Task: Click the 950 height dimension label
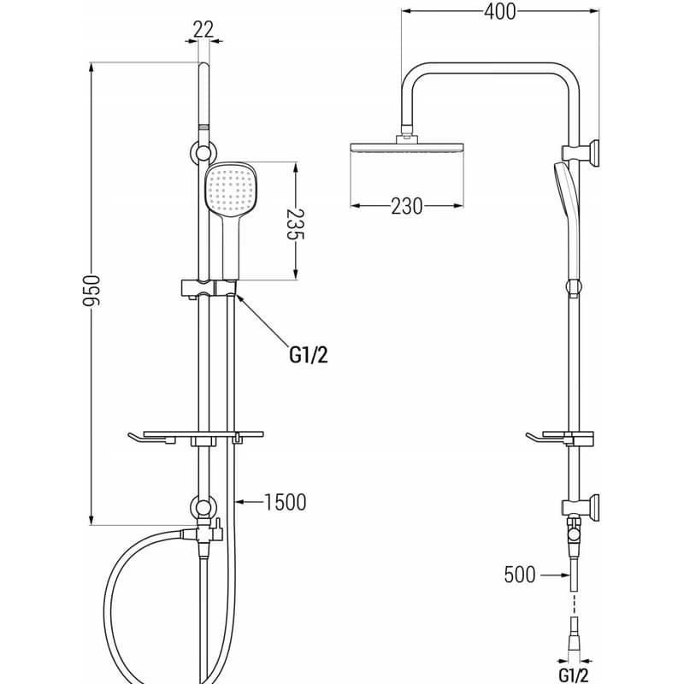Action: click(92, 290)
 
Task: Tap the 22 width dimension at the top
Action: click(203, 30)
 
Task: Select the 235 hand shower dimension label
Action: click(295, 225)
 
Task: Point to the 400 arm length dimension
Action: click(500, 11)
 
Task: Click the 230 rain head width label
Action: click(407, 206)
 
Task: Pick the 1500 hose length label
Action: click(286, 502)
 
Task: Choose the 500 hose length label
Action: click(520, 575)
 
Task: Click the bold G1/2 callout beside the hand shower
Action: click(309, 355)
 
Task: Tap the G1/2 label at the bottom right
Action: click(574, 675)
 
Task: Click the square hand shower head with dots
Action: click(230, 190)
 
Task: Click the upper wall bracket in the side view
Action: click(581, 153)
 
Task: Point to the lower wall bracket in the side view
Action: click(581, 508)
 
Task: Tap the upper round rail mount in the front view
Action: click(203, 153)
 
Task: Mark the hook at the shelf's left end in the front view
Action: click(139, 439)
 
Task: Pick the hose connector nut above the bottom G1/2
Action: click(574, 631)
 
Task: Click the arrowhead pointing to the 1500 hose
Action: click(240, 502)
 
